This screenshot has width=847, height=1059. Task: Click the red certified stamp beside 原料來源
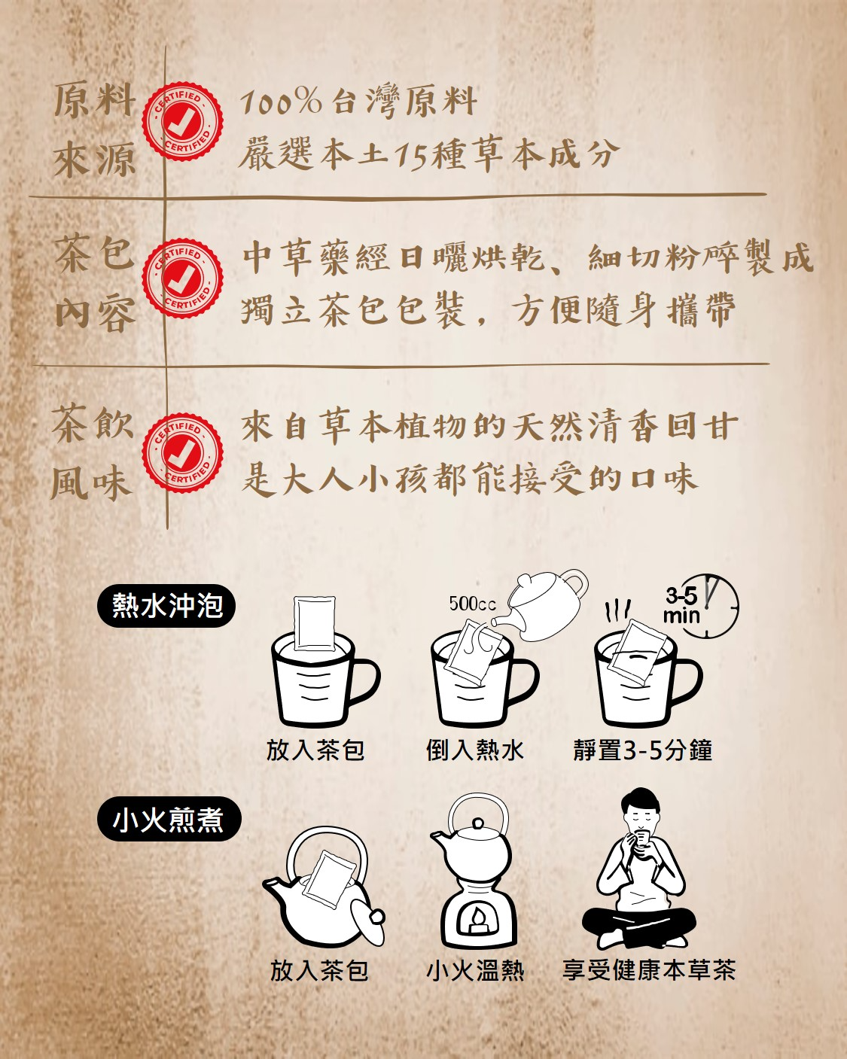(182, 121)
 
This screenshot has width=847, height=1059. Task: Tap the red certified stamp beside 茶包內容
(182, 278)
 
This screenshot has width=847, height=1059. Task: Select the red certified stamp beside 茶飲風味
(182, 453)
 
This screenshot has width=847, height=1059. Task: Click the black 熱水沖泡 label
(166, 605)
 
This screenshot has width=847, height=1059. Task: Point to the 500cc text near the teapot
(472, 604)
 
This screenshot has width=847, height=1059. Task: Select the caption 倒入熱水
(474, 750)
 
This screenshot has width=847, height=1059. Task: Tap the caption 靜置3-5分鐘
(643, 750)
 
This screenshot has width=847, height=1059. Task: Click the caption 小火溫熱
(475, 971)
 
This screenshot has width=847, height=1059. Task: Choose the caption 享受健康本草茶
(649, 970)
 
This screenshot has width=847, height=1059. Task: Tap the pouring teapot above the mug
(541, 606)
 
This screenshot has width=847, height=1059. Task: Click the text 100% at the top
(281, 102)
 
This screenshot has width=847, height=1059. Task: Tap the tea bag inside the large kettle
(329, 878)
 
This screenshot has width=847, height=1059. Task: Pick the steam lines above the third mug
(617, 609)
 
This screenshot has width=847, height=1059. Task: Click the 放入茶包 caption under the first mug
(315, 750)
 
